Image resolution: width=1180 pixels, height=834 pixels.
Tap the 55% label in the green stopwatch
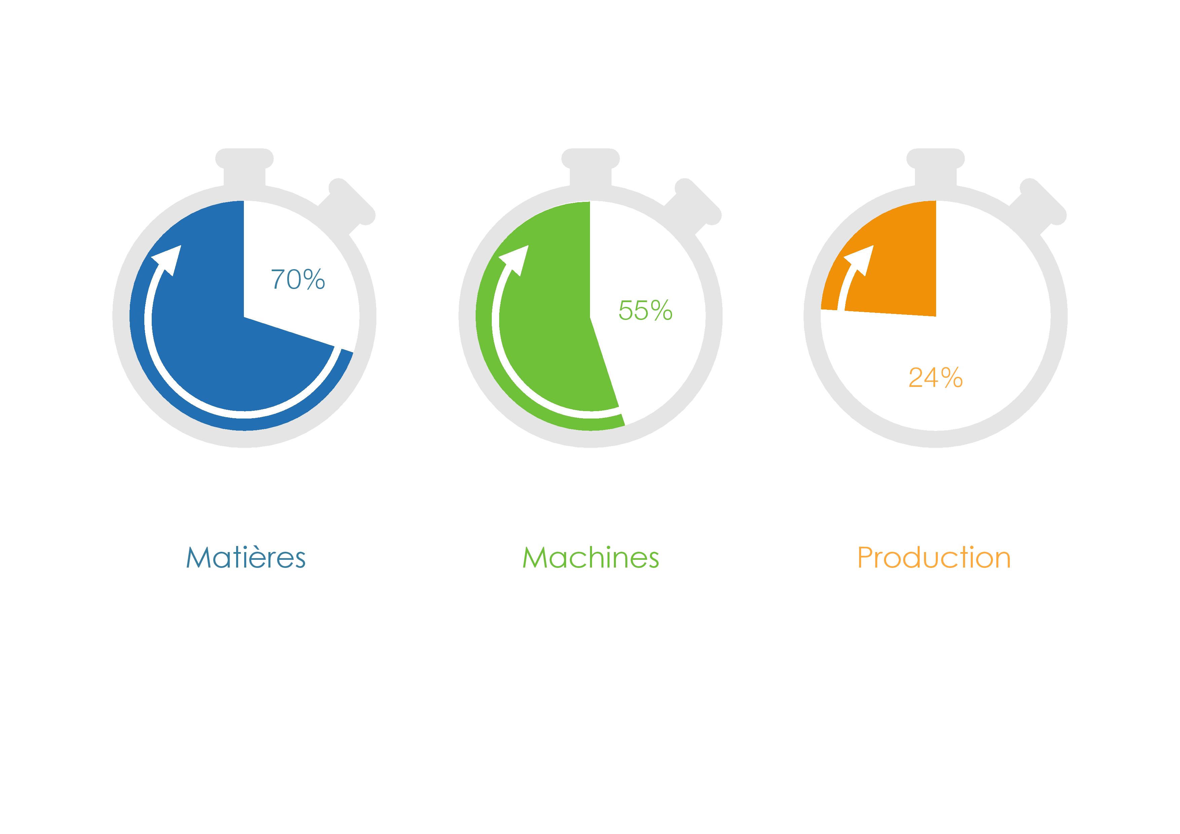pos(646,311)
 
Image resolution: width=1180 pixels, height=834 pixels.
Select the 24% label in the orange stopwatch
pos(935,378)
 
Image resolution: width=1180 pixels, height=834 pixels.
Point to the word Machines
pos(591,557)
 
